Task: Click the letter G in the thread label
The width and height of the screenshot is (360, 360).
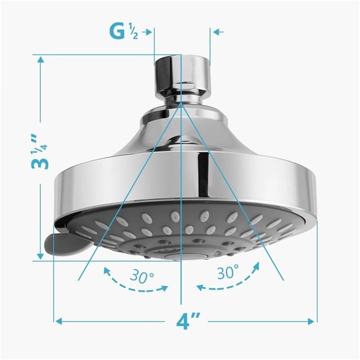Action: point(118,31)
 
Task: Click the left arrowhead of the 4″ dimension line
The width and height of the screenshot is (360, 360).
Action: point(58,321)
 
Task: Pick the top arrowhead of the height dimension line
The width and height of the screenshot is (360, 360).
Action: point(40,60)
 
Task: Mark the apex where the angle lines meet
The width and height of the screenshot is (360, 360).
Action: point(181,103)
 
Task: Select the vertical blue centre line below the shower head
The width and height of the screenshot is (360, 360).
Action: point(181,288)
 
